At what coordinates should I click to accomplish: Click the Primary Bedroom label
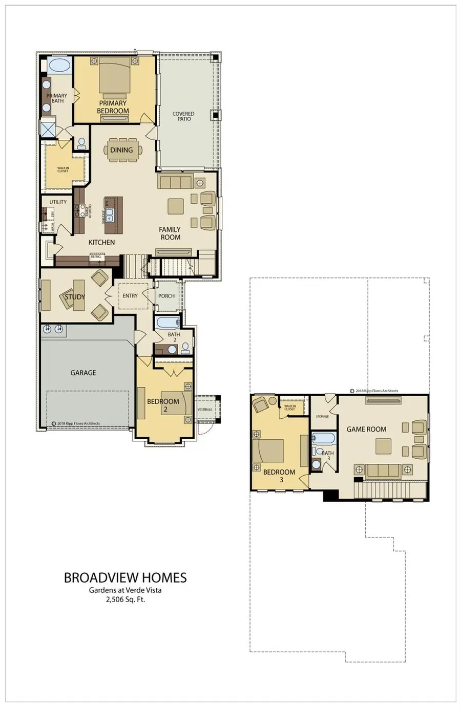(113, 107)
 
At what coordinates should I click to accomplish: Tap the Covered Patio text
(183, 117)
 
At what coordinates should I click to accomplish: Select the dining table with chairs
(121, 150)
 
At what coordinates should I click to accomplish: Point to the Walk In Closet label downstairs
(62, 169)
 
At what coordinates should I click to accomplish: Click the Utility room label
(58, 202)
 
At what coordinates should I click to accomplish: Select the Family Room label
(170, 233)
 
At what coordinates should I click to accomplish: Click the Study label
(75, 297)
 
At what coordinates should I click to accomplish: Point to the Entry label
(130, 296)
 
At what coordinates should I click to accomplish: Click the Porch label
(166, 296)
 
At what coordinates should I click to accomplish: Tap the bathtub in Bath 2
(167, 323)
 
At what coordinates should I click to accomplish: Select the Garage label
(83, 373)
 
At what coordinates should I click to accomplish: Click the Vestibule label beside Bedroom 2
(205, 410)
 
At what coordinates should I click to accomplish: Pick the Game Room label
(366, 430)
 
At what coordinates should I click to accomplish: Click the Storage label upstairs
(322, 417)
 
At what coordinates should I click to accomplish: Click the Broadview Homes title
(125, 578)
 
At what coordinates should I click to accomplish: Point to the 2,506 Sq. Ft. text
(125, 599)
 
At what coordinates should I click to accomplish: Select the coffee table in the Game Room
(383, 446)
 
